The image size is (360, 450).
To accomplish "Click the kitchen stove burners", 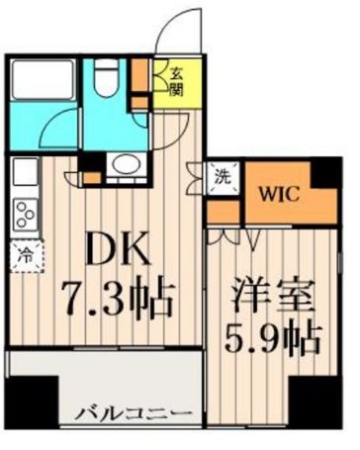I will (x=23, y=212).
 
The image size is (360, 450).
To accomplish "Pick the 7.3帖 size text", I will (x=123, y=294).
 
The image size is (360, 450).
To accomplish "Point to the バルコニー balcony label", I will (x=135, y=411).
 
